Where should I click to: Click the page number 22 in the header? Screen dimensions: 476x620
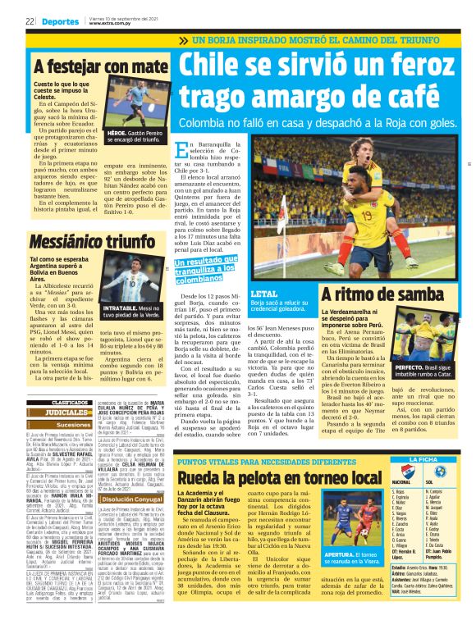(x=30, y=21)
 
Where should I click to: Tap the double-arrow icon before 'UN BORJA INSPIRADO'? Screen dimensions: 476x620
(x=183, y=39)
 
